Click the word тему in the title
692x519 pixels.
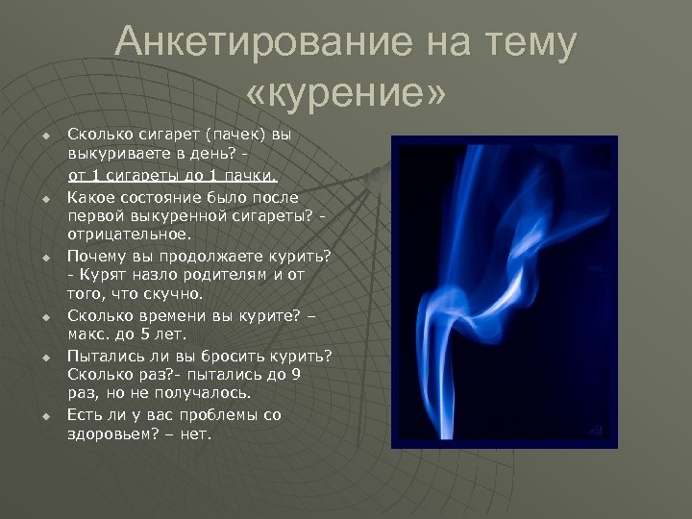533,43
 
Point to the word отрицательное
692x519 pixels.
130,234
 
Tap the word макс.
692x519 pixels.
88,334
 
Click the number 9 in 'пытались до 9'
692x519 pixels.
295,374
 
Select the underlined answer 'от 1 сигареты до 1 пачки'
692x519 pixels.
172,175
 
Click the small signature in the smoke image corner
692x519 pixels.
595,432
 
